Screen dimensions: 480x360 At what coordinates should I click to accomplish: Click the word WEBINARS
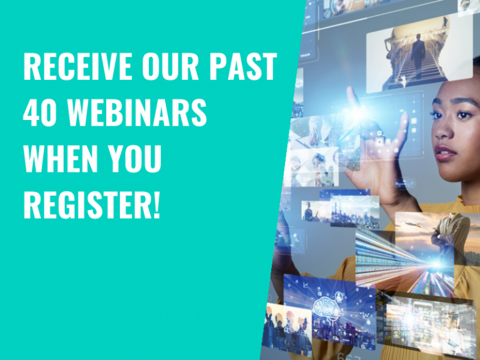click(x=137, y=112)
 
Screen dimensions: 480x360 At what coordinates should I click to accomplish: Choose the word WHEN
click(x=60, y=159)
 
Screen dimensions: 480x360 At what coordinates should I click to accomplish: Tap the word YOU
click(x=134, y=159)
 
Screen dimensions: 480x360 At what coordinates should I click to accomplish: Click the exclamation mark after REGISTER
click(x=156, y=204)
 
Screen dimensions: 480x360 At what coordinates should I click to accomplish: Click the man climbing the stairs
click(x=417, y=56)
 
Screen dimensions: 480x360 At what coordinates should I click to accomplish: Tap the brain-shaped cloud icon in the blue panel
click(x=327, y=307)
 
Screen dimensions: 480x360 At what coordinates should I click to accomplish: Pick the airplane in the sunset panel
click(x=413, y=225)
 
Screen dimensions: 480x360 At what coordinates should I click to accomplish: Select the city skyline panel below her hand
click(x=354, y=211)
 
